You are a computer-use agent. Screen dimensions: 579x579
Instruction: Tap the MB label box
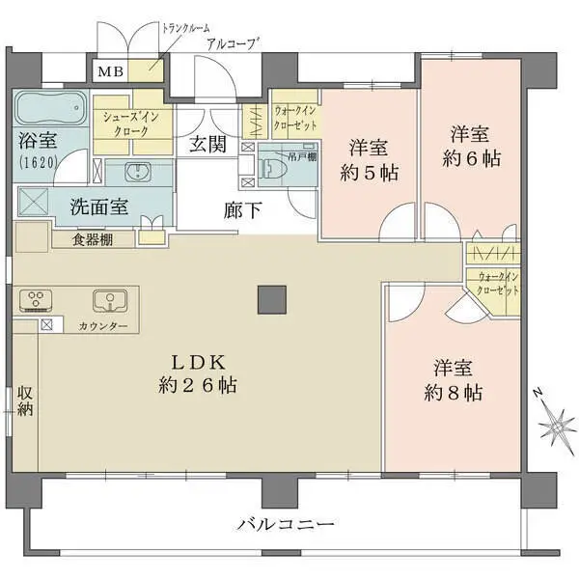pos(106,70)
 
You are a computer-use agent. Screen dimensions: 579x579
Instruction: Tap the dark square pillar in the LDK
pos(271,300)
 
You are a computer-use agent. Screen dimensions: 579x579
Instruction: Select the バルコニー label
pos(286,525)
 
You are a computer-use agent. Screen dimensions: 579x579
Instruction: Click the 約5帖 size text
pos(370,173)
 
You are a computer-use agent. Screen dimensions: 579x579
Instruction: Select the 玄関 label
pos(207,146)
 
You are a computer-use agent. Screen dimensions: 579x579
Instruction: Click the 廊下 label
pos(241,210)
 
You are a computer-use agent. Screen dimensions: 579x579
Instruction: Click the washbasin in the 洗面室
pos(137,174)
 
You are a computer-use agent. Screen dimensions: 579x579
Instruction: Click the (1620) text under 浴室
pos(37,163)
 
